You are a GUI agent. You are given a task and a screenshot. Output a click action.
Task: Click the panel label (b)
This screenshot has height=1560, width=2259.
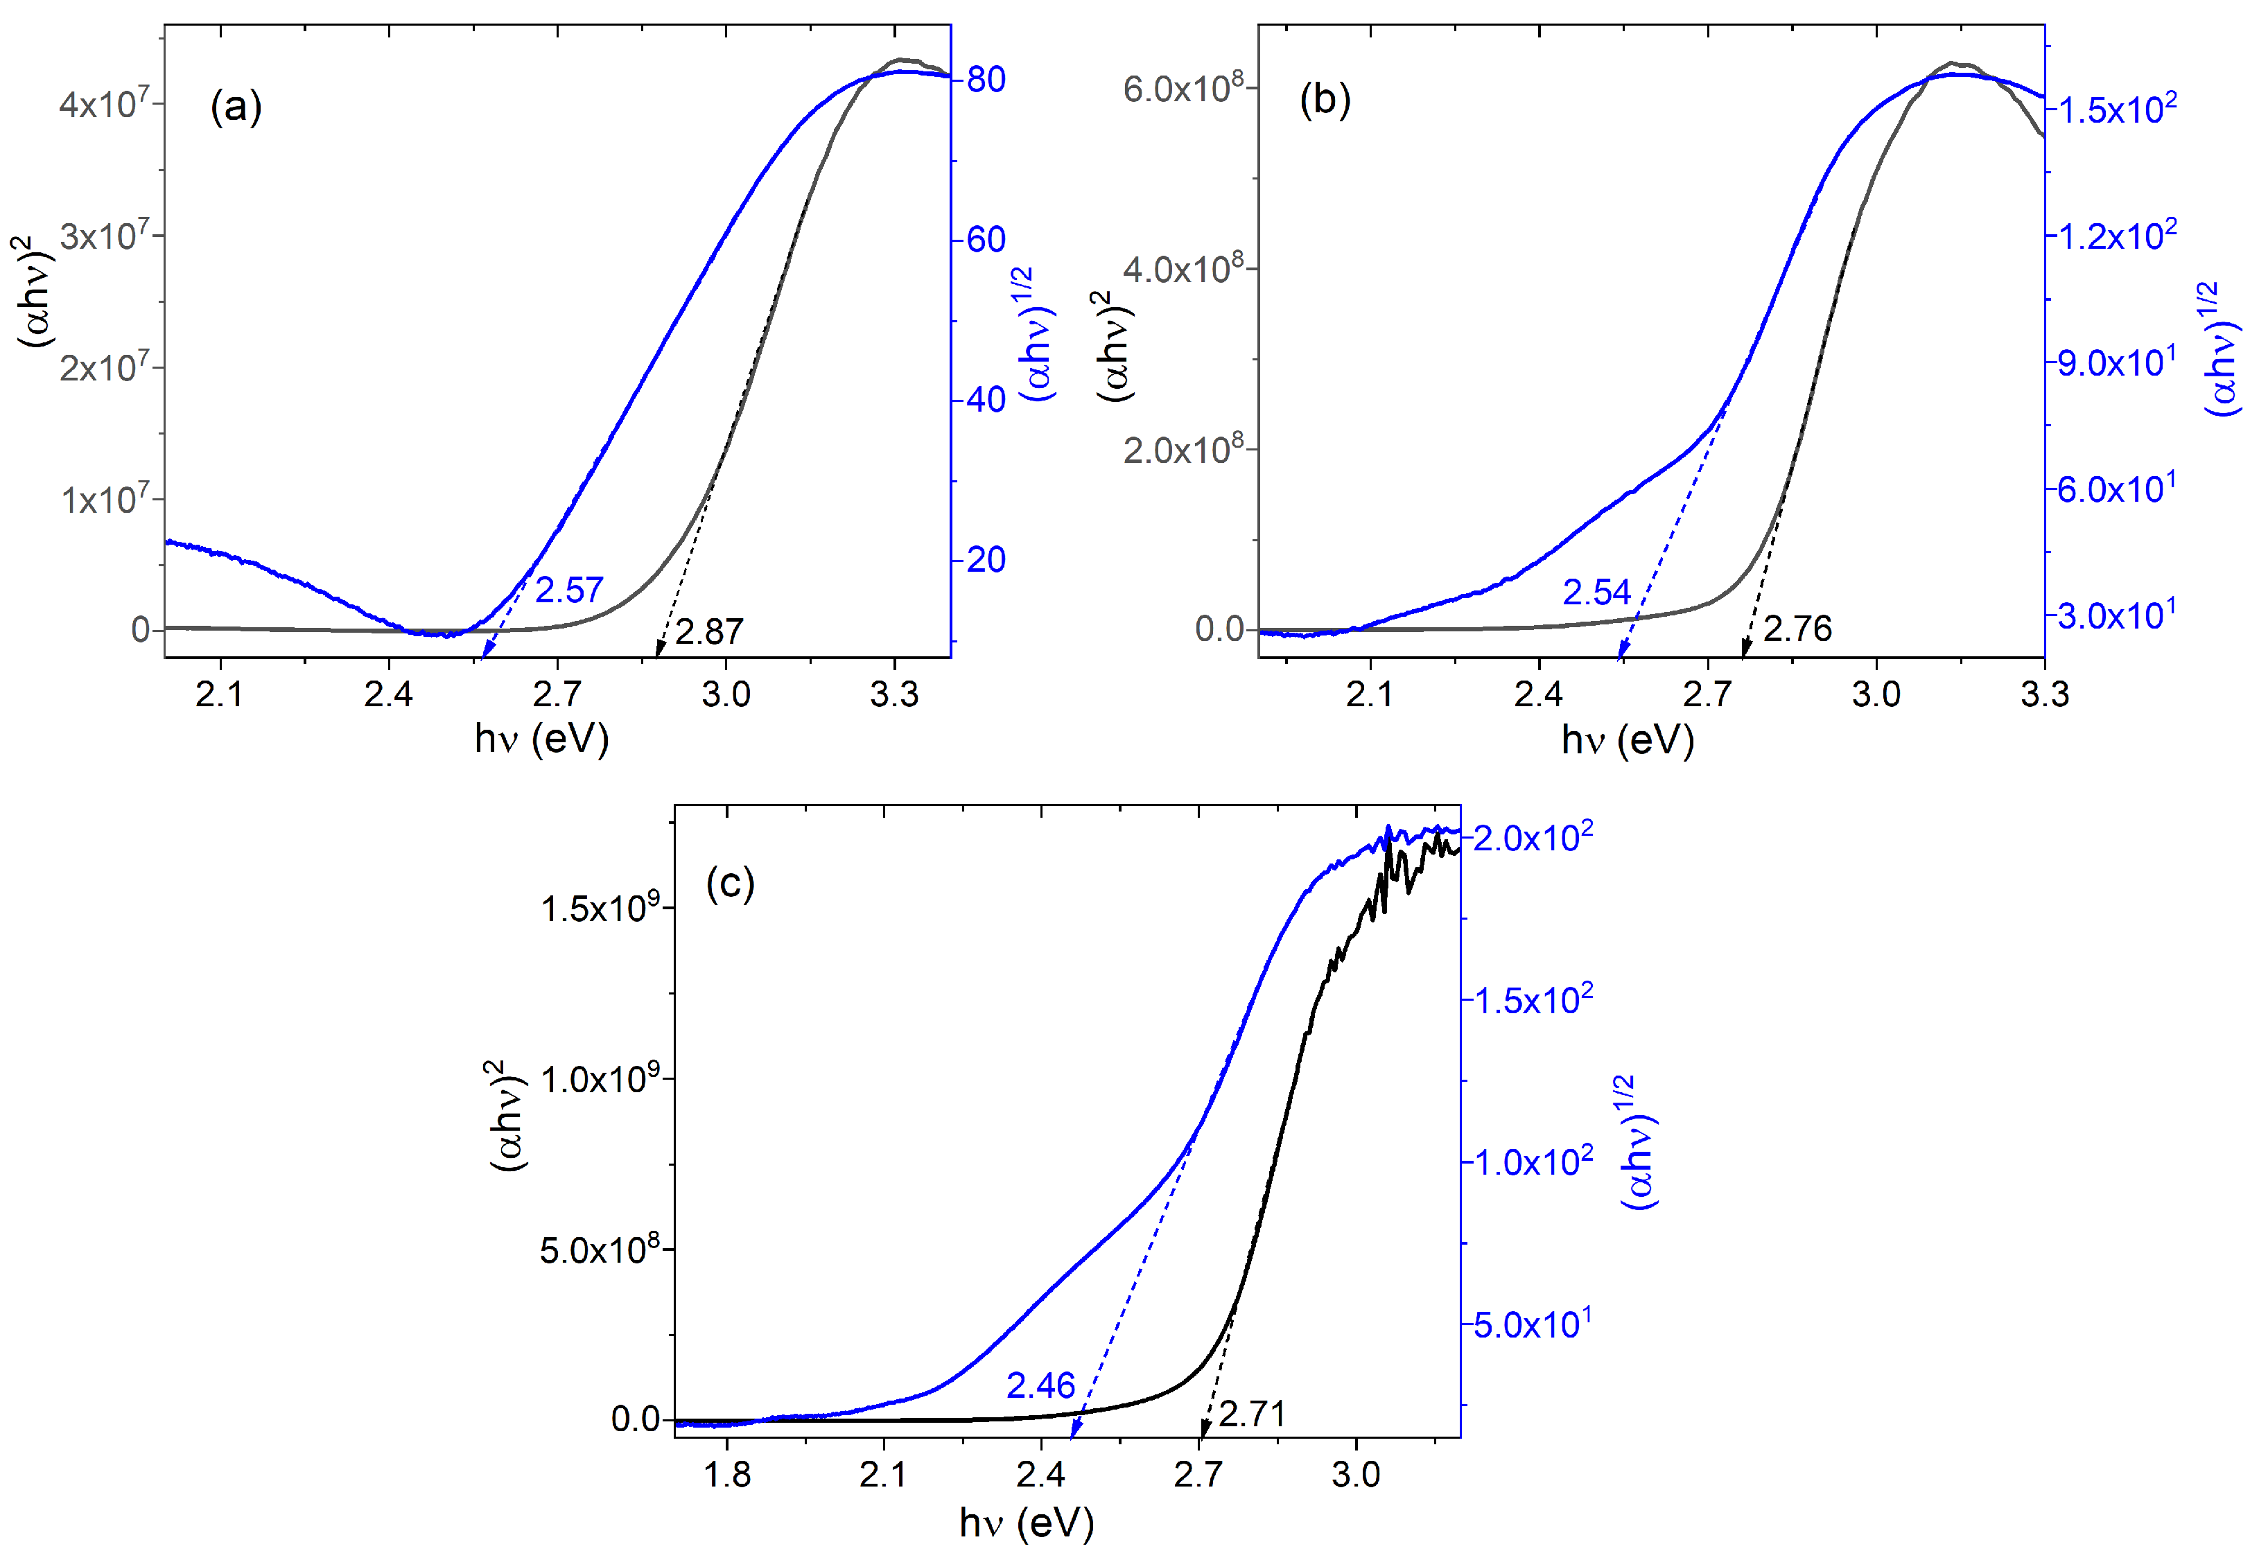pos(1325,100)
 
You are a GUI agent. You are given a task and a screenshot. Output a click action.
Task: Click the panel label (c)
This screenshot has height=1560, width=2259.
pos(729,884)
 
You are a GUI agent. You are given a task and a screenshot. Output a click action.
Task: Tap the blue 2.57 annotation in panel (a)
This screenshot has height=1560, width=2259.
pos(569,590)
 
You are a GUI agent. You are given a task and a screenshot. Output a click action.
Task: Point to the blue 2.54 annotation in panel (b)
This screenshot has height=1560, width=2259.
pos(1596,593)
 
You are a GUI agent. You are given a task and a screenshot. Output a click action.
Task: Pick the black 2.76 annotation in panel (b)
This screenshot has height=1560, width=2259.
pos(1797,629)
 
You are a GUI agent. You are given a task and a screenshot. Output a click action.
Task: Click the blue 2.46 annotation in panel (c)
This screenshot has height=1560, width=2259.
pos(1040,1386)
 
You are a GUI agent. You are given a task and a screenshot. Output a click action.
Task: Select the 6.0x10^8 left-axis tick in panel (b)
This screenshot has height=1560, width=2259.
pos(1183,88)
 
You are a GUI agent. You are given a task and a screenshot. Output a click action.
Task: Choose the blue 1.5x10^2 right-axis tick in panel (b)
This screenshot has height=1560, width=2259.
pos(2116,109)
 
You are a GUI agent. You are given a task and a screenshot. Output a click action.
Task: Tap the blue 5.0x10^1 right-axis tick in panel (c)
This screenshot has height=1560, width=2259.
pos(1532,1324)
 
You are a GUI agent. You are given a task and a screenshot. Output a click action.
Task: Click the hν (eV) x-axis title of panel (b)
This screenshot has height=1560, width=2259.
pos(1627,740)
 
